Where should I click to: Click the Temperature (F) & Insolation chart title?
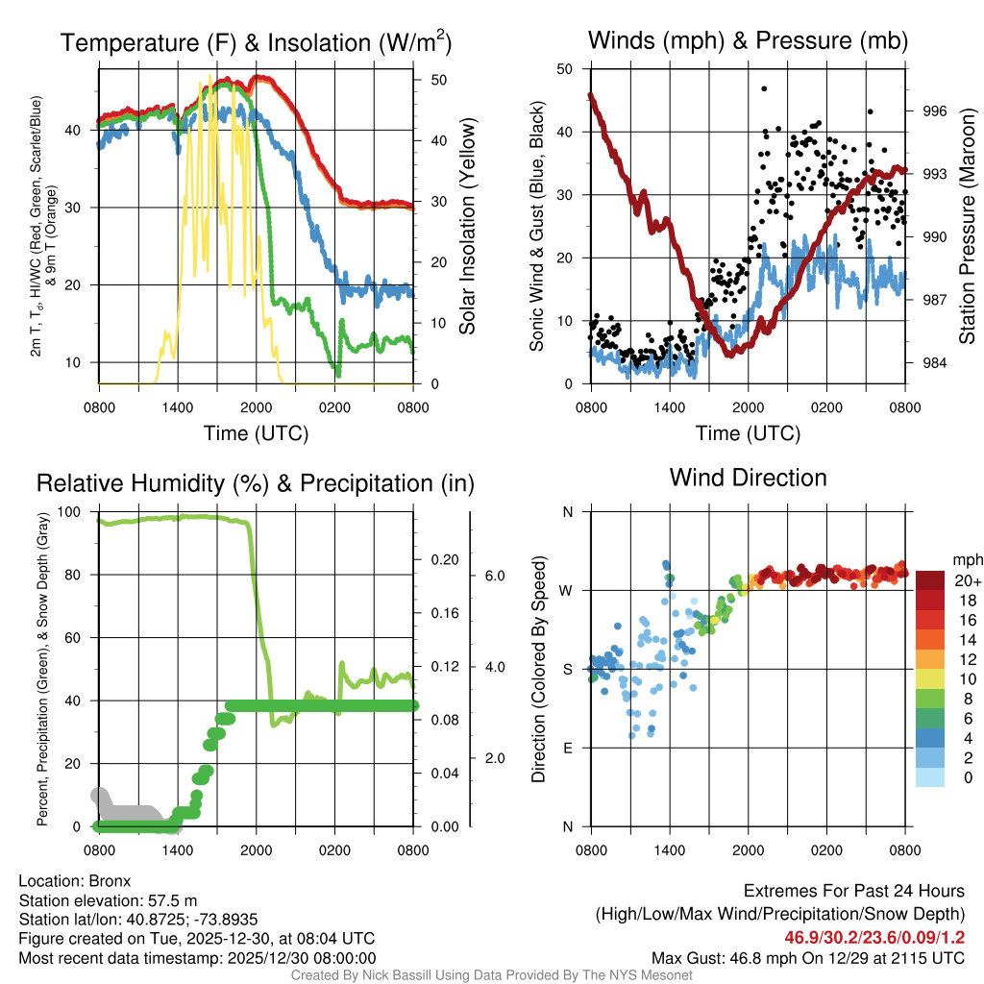(x=256, y=43)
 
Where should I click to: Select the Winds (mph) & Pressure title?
(x=748, y=41)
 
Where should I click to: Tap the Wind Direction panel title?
(x=748, y=478)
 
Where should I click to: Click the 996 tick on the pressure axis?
(x=934, y=111)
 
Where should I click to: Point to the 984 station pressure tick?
(x=934, y=363)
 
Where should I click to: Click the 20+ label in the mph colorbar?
(x=968, y=581)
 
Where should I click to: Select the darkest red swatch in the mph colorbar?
(x=932, y=581)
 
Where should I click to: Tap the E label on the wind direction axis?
(x=568, y=748)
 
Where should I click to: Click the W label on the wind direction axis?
(x=567, y=590)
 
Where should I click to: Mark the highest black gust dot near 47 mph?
(x=764, y=88)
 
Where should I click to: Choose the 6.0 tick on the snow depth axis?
(x=495, y=576)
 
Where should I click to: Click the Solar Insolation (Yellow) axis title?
(x=468, y=227)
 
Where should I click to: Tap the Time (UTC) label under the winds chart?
(x=745, y=433)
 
